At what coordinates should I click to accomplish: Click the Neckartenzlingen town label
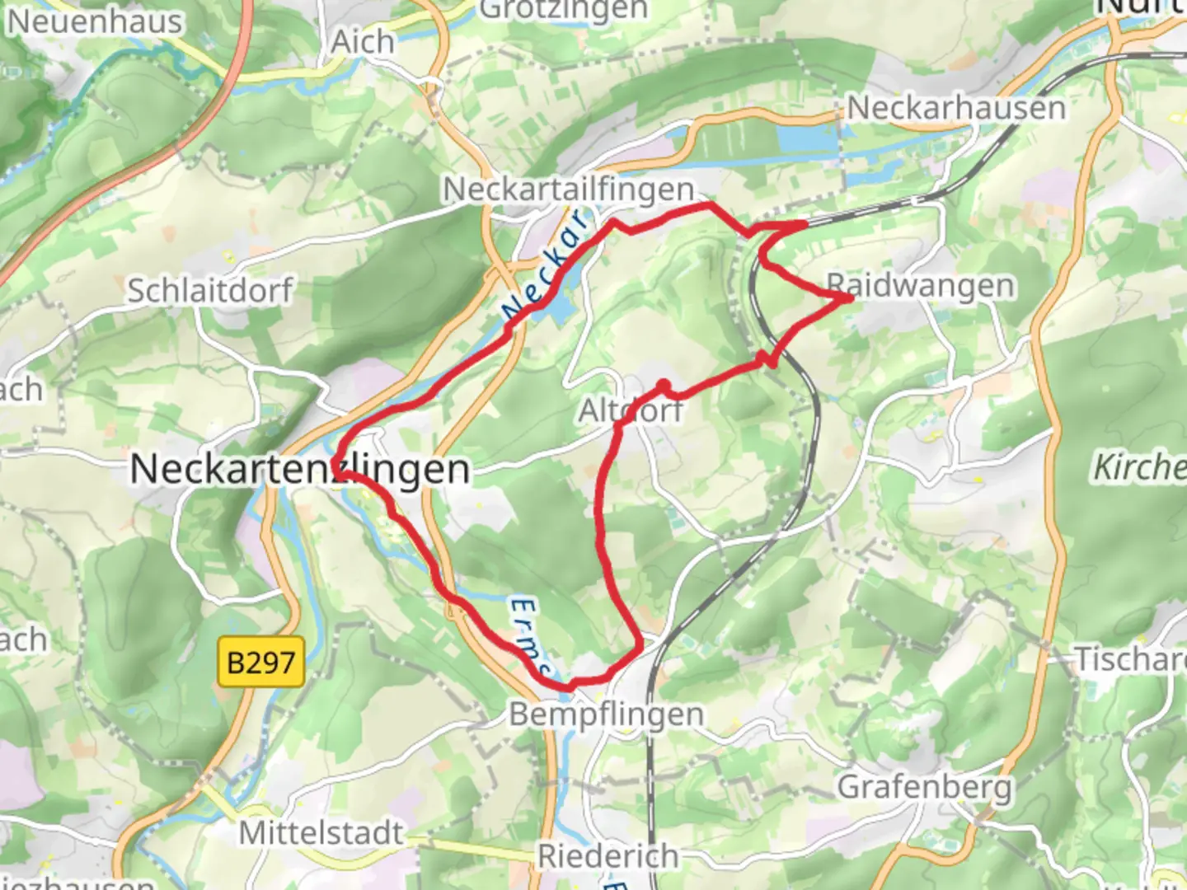(x=300, y=470)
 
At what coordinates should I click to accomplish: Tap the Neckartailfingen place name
(x=569, y=190)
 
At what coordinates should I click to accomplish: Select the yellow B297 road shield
(x=260, y=662)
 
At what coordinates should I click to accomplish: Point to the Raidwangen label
(x=920, y=286)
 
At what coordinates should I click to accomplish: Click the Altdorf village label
(x=631, y=410)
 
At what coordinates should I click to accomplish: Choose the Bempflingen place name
(x=606, y=714)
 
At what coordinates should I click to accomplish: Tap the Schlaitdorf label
(x=209, y=290)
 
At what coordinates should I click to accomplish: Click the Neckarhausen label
(x=956, y=108)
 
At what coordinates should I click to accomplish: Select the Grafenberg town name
(x=924, y=787)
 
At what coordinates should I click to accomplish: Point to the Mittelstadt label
(x=321, y=833)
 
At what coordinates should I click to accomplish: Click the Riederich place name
(x=608, y=856)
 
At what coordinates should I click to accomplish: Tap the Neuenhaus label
(x=95, y=21)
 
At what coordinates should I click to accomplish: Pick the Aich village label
(x=362, y=41)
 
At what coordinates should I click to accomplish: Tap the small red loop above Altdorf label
(x=663, y=386)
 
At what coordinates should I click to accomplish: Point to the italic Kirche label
(x=1139, y=468)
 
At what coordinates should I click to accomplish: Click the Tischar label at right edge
(x=1129, y=659)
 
